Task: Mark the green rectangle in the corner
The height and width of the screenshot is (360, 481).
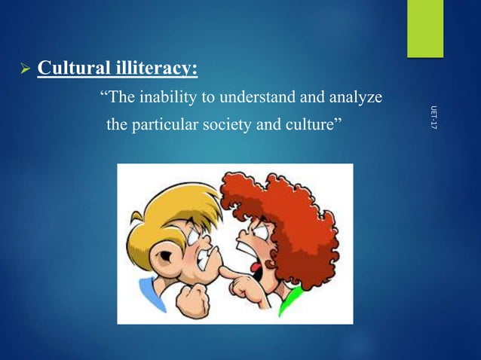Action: tap(425, 28)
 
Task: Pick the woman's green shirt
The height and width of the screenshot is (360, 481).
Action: tap(291, 305)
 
